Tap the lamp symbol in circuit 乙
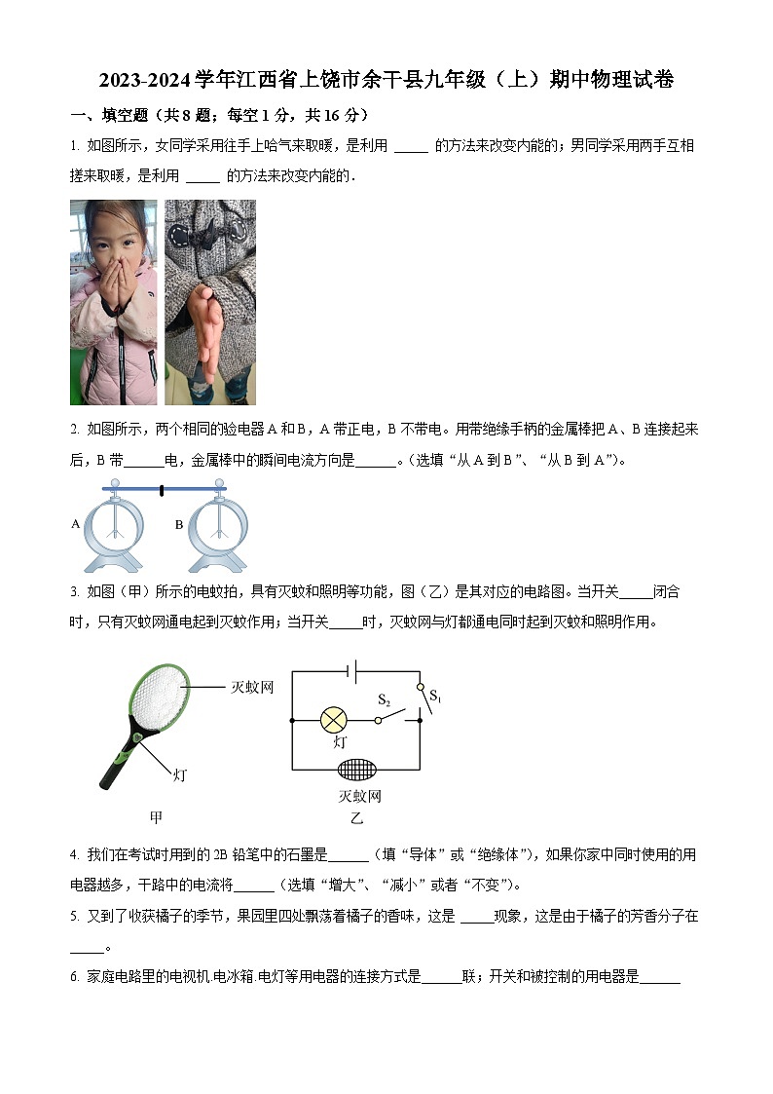click(x=334, y=721)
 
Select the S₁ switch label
click(x=435, y=698)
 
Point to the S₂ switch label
click(x=384, y=700)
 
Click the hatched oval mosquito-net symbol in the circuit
click(x=356, y=769)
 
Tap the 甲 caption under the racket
click(x=156, y=817)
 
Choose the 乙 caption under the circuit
click(x=356, y=818)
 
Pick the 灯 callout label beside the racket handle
click(x=179, y=775)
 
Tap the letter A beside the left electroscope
click(x=75, y=524)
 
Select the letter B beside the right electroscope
click(x=179, y=524)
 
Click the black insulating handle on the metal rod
click(x=162, y=490)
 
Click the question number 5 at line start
click(x=74, y=917)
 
